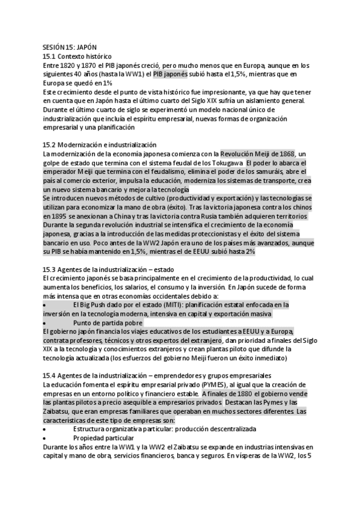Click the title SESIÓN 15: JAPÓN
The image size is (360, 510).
tap(70, 46)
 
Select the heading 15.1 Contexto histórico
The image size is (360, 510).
tap(73, 56)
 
